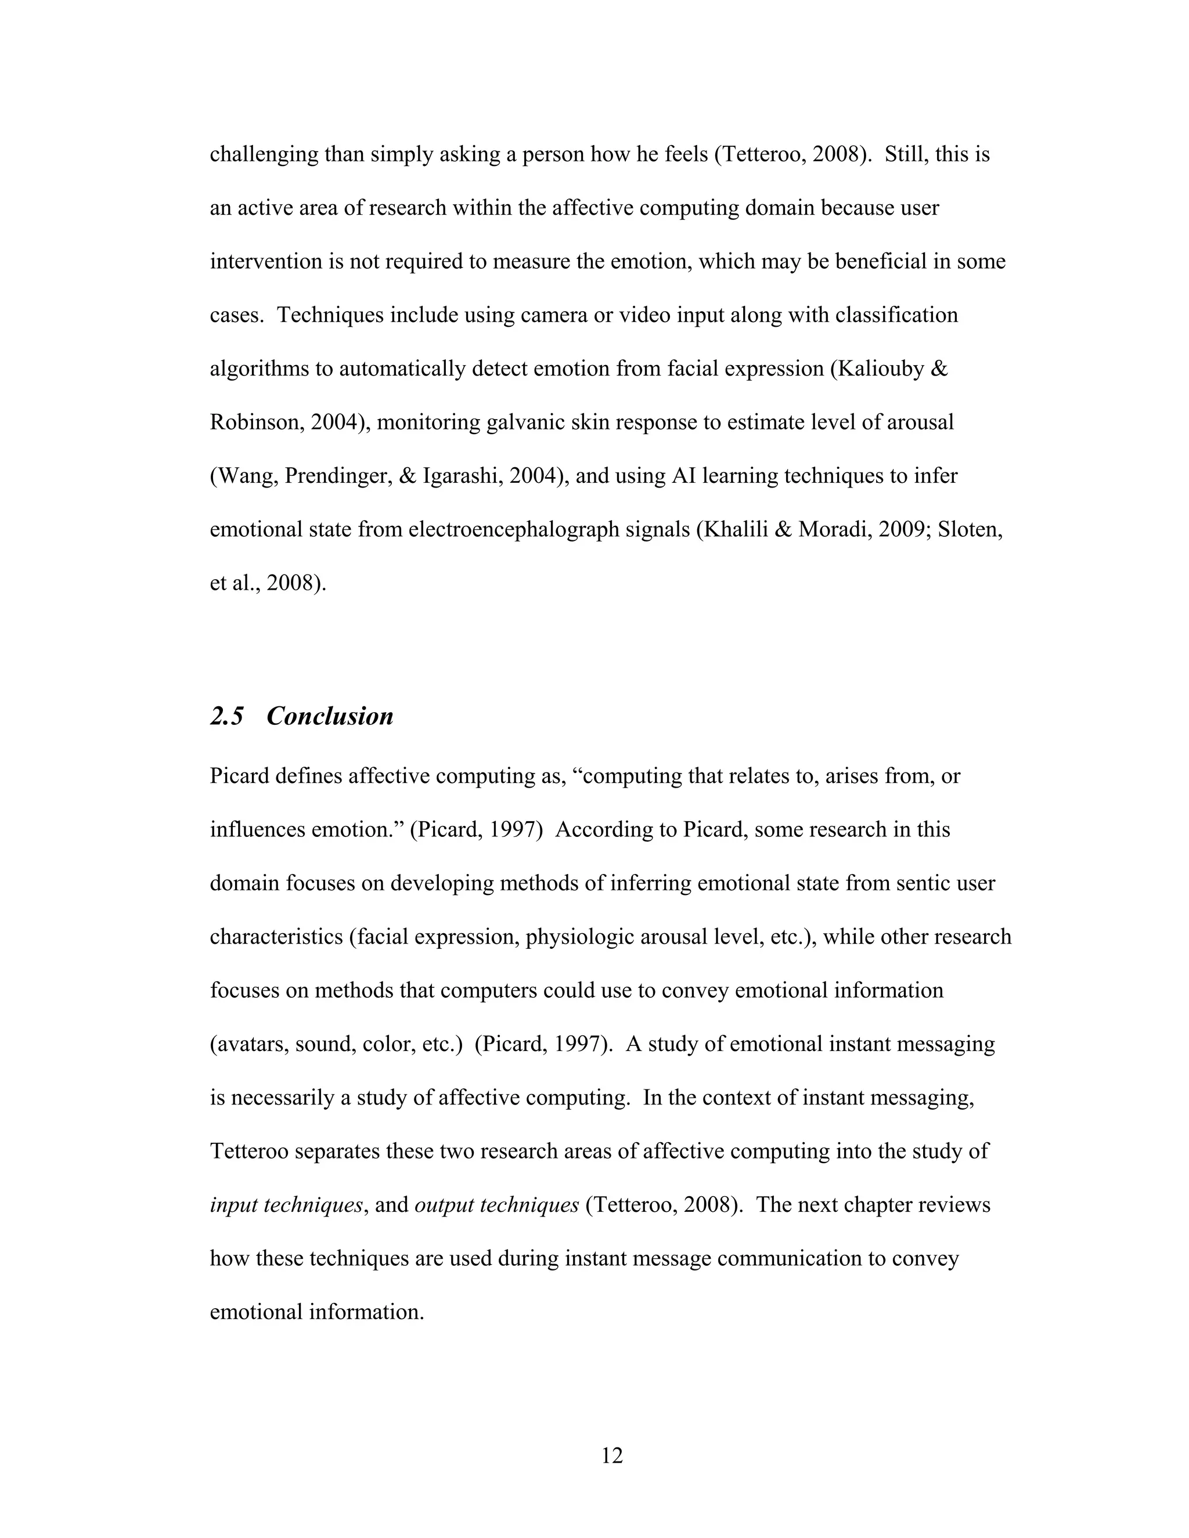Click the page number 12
coord(611,1456)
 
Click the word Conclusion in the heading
coord(330,716)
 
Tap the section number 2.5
coord(227,716)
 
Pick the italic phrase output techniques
coord(496,1205)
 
